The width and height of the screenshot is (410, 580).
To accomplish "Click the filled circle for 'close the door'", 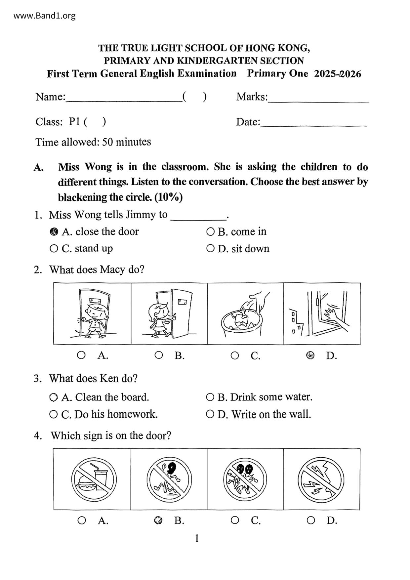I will pos(54,232).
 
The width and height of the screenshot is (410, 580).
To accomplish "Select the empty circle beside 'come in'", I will pos(210,232).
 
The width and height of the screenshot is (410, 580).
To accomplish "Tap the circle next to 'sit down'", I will pos(210,248).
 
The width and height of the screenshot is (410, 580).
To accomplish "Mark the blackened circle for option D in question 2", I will pos(310,355).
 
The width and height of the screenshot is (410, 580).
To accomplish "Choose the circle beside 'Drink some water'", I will pos(210,397).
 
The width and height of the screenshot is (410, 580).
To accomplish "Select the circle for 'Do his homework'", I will pos(53,414).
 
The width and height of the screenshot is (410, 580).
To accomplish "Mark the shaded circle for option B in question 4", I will pos(158,520).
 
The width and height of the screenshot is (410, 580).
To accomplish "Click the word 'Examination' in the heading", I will pos(207,73).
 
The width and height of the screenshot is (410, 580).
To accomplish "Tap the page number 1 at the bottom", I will pos(197,538).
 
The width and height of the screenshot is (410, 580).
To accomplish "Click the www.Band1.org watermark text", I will pos(45,16).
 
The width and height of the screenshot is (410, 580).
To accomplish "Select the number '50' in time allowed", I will pos(108,142).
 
